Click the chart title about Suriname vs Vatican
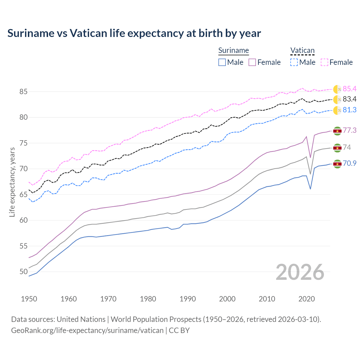pyautogui.click(x=134, y=33)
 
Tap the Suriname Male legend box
pyautogui.click(x=222, y=62)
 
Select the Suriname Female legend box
pyautogui.click(x=252, y=62)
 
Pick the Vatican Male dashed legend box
pyautogui.click(x=294, y=62)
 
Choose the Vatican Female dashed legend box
pyautogui.click(x=324, y=62)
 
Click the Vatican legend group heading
pyautogui.click(x=302, y=50)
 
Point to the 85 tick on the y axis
pyautogui.click(x=23, y=92)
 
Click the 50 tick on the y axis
pyautogui.click(x=23, y=272)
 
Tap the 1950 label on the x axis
pyautogui.click(x=29, y=299)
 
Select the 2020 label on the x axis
pyautogui.click(x=307, y=299)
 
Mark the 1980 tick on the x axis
pyautogui.click(x=148, y=299)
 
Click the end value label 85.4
pyautogui.click(x=349, y=89)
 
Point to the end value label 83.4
pyautogui.click(x=349, y=99)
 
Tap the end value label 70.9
pyautogui.click(x=349, y=163)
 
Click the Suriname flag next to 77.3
pyautogui.click(x=337, y=131)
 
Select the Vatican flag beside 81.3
pyautogui.click(x=337, y=110)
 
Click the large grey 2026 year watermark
pyautogui.click(x=300, y=272)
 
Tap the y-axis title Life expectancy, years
pyautogui.click(x=12, y=182)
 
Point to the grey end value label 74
pyautogui.click(x=347, y=147)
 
